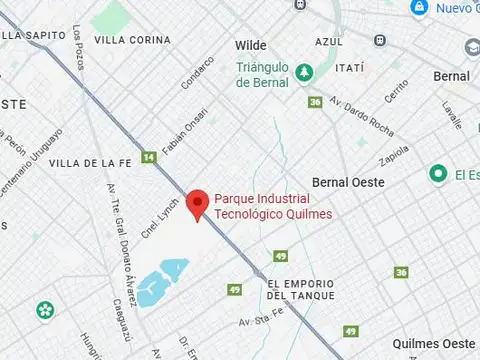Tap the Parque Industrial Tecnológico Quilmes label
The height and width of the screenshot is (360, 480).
pyautogui.click(x=273, y=205)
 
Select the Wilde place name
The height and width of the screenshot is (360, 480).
pyautogui.click(x=250, y=46)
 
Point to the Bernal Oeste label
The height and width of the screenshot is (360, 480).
pyautogui.click(x=348, y=182)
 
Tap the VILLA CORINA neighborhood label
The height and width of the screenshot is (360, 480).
pyautogui.click(x=131, y=40)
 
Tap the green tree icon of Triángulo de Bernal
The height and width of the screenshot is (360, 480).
pyautogui.click(x=304, y=73)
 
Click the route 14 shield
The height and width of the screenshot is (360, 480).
pyautogui.click(x=149, y=157)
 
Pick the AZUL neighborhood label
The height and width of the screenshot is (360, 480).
pyautogui.click(x=328, y=42)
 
